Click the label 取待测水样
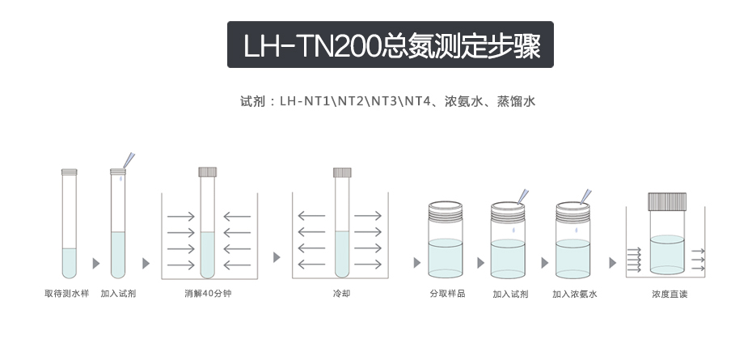coord(66,294)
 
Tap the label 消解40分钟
coord(208,294)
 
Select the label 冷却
coord(341,294)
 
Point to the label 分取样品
coord(447,294)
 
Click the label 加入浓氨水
coord(575,294)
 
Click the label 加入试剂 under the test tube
coord(118,294)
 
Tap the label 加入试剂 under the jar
coord(510,294)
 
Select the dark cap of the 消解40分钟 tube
coord(208,172)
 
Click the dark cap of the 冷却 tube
coord(342,172)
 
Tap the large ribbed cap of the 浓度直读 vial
coord(667,201)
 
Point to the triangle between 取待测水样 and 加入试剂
coord(96,263)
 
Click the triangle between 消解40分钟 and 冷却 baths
coord(277,257)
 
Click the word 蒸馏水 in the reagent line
coord(516,101)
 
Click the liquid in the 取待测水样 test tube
coord(69,263)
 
